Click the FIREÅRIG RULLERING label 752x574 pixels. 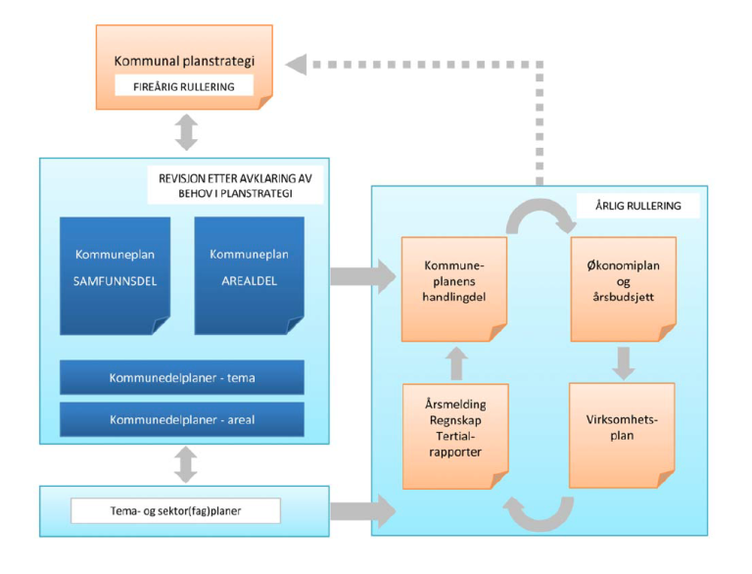[184, 86]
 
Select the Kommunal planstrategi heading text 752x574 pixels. [184, 61]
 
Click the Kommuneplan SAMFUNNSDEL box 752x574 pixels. [115, 274]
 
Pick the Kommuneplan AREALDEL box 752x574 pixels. [249, 274]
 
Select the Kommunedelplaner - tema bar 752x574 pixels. [181, 377]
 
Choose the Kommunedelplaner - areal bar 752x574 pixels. [181, 419]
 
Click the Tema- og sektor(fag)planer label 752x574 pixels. [175, 510]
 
